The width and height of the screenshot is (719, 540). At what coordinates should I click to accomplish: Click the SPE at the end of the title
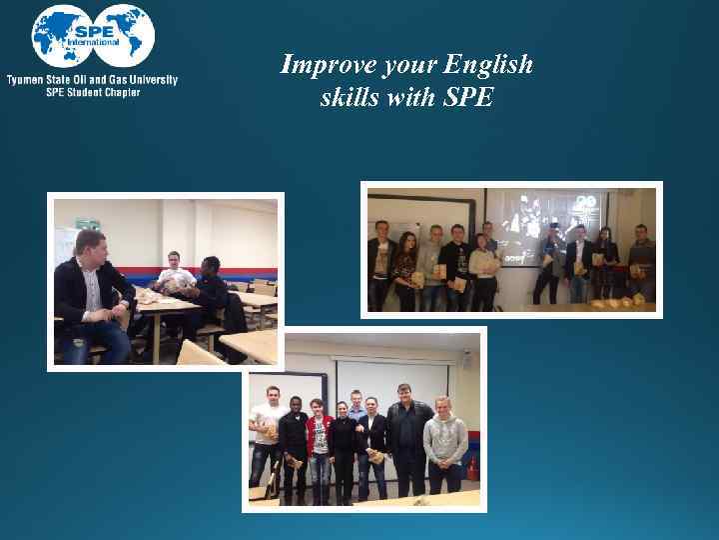(x=466, y=99)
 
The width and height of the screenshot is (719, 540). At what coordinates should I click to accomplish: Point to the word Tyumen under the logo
(x=27, y=80)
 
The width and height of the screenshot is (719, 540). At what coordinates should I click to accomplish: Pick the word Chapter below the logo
(x=118, y=92)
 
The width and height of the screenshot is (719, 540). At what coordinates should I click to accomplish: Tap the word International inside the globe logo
(x=93, y=43)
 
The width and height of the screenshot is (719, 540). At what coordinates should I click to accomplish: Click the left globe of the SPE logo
(x=60, y=35)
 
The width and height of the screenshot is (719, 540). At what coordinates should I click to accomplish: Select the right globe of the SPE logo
(x=126, y=35)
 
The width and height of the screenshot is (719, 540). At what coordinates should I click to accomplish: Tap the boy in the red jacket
(x=319, y=440)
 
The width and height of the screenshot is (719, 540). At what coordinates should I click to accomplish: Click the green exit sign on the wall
(x=88, y=224)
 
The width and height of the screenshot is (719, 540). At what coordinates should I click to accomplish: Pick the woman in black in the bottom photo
(x=343, y=445)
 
